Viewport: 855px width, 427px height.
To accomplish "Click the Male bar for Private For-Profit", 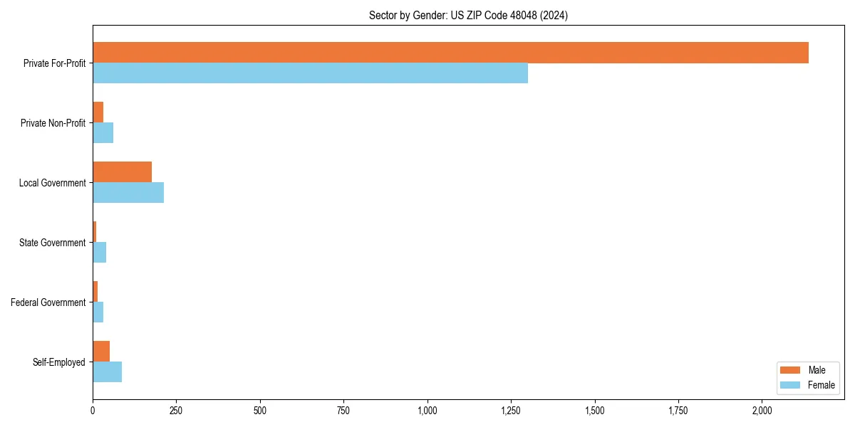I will tap(450, 53).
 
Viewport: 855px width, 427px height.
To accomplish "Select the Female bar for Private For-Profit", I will tap(310, 73).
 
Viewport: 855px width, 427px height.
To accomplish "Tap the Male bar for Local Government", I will tap(122, 172).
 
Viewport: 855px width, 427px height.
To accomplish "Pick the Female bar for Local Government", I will tap(128, 192).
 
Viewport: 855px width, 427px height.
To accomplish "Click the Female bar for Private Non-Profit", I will tap(103, 132).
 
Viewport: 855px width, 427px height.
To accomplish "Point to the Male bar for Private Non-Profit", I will tap(98, 112).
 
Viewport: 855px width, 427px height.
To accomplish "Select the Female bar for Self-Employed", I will tap(107, 371).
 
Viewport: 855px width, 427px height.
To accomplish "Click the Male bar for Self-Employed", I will tap(101, 352).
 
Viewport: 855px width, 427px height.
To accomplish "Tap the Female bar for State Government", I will tap(99, 252).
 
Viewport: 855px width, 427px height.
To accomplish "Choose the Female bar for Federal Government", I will tap(98, 312).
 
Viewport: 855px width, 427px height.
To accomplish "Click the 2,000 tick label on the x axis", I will tap(762, 411).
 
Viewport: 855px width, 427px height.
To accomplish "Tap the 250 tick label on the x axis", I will tap(176, 411).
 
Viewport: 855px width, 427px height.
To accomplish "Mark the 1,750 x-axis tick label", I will tap(678, 411).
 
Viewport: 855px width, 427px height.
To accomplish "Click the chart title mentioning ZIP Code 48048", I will tap(468, 16).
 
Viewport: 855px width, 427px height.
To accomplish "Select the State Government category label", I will tap(52, 243).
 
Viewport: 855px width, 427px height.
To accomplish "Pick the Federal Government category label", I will tap(48, 302).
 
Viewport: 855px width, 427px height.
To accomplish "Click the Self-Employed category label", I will tap(59, 362).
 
